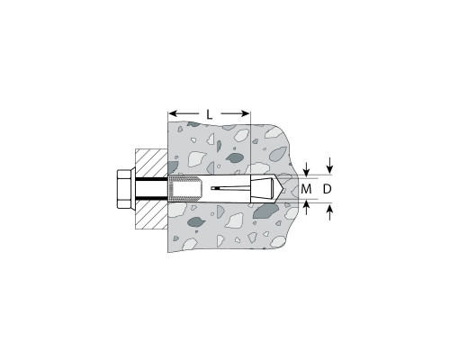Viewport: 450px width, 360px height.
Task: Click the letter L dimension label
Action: (210, 114)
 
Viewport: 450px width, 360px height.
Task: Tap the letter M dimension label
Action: (306, 189)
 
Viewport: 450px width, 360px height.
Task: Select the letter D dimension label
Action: (328, 189)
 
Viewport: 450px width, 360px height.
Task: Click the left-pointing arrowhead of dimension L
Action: (172, 113)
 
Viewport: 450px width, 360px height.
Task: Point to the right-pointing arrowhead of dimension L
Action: (246, 113)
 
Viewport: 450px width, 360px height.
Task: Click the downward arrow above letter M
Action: (306, 170)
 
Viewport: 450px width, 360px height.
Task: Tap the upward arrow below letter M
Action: (306, 208)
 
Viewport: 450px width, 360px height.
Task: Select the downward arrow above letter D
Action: (330, 166)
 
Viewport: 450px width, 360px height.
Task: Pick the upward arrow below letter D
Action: (330, 211)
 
